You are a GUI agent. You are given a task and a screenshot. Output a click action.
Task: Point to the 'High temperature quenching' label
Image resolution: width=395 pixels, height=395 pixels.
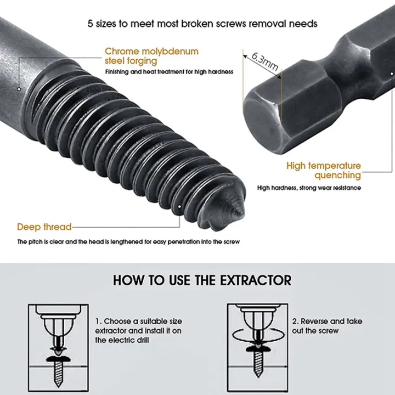324,171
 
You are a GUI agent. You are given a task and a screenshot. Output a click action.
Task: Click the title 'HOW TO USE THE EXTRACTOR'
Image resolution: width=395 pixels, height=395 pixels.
202,280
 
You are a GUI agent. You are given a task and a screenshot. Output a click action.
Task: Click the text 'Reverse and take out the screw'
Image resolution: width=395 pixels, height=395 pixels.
327,326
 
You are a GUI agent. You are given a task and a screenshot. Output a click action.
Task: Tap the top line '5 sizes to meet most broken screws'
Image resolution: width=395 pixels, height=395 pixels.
202,24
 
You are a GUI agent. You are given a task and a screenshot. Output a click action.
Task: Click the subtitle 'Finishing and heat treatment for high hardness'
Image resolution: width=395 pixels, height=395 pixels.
170,72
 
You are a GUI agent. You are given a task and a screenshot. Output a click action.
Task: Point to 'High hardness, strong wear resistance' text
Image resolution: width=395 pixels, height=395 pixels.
309,188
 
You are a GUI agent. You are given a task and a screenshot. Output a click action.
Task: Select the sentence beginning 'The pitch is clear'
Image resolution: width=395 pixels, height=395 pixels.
128,242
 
